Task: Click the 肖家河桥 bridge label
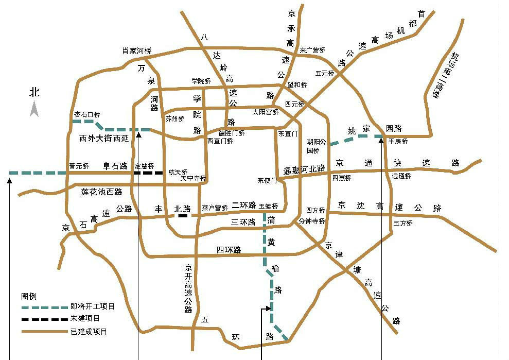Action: click(x=137, y=50)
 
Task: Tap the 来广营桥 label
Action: click(x=313, y=50)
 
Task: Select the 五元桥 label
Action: click(x=325, y=73)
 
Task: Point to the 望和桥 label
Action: click(x=297, y=84)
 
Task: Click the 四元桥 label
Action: click(x=295, y=104)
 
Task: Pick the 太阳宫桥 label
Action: click(x=266, y=112)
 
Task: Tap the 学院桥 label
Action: click(x=201, y=81)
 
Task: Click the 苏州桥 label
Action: click(x=174, y=118)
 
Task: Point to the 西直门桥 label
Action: click(x=220, y=141)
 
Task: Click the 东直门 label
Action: click(x=288, y=133)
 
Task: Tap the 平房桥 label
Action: click(x=398, y=141)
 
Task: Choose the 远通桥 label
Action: click(x=401, y=176)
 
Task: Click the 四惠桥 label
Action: click(x=341, y=178)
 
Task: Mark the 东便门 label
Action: click(x=268, y=181)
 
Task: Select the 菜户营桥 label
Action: click(x=215, y=208)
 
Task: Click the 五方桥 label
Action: click(x=403, y=224)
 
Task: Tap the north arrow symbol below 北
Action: click(x=34, y=109)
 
